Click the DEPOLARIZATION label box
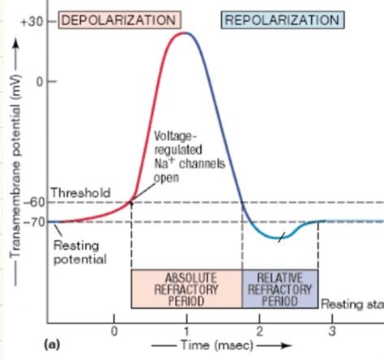click(x=119, y=19)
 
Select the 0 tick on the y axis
click(x=39, y=81)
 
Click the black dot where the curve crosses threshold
click(x=131, y=202)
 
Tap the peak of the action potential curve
click(x=186, y=33)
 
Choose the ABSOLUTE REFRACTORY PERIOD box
click(x=186, y=288)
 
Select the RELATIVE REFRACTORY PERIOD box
click(x=280, y=288)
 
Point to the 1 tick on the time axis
click(x=186, y=331)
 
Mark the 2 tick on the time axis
click(x=259, y=331)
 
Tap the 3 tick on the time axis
click(x=331, y=331)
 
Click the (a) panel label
click(x=54, y=345)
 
